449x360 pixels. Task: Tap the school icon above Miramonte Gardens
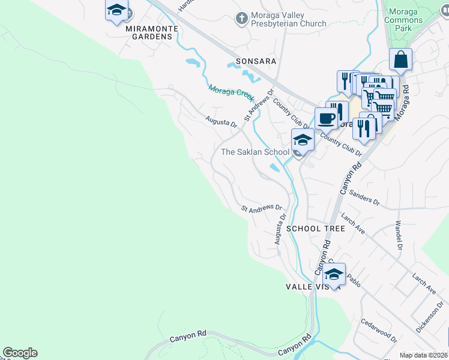point(116,11)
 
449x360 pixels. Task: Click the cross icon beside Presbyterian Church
point(242,19)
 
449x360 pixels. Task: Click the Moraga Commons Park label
point(403,20)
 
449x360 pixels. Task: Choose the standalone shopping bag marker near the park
point(400,61)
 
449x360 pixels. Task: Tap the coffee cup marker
point(327,118)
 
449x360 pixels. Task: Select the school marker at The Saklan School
point(303,141)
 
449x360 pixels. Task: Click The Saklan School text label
point(255,152)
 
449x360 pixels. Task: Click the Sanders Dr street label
point(364,199)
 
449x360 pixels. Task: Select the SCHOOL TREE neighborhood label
point(315,229)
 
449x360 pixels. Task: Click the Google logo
point(20,353)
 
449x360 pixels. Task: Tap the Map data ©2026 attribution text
point(423,355)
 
